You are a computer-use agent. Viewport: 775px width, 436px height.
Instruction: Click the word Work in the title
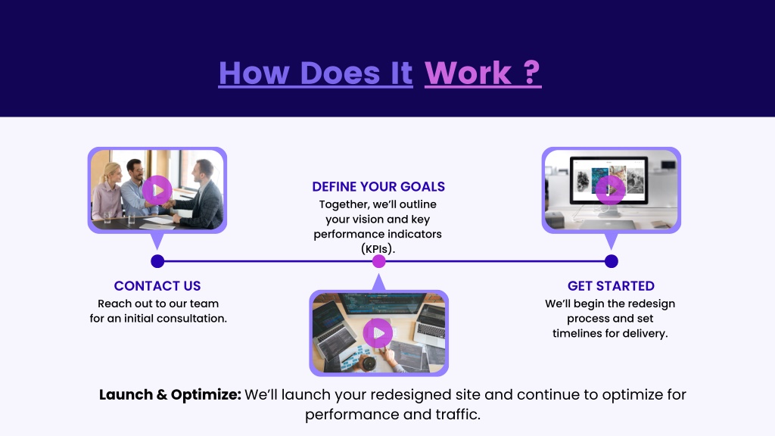tap(468, 73)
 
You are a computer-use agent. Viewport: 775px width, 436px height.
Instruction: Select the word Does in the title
tap(340, 73)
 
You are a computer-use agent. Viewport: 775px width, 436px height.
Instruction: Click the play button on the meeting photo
tap(157, 190)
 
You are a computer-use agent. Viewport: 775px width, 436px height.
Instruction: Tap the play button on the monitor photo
tap(611, 190)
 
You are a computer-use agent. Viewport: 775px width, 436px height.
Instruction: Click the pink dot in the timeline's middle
tap(378, 261)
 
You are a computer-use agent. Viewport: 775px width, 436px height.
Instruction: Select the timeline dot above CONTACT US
tap(157, 261)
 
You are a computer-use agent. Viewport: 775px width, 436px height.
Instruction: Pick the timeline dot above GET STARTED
tap(611, 261)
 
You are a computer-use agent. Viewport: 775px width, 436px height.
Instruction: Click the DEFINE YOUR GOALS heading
tap(378, 186)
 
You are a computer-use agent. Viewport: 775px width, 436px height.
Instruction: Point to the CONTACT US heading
tap(157, 285)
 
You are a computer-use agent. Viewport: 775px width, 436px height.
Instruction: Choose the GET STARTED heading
tap(611, 285)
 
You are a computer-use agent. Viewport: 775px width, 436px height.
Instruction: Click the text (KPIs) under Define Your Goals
tap(378, 248)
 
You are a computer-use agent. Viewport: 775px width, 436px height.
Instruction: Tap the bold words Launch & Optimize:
tap(170, 394)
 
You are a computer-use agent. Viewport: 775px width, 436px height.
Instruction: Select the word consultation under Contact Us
tap(195, 319)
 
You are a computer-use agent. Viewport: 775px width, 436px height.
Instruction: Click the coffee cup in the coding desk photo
tap(369, 363)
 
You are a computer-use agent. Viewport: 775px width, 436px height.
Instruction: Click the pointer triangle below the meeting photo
tap(157, 241)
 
